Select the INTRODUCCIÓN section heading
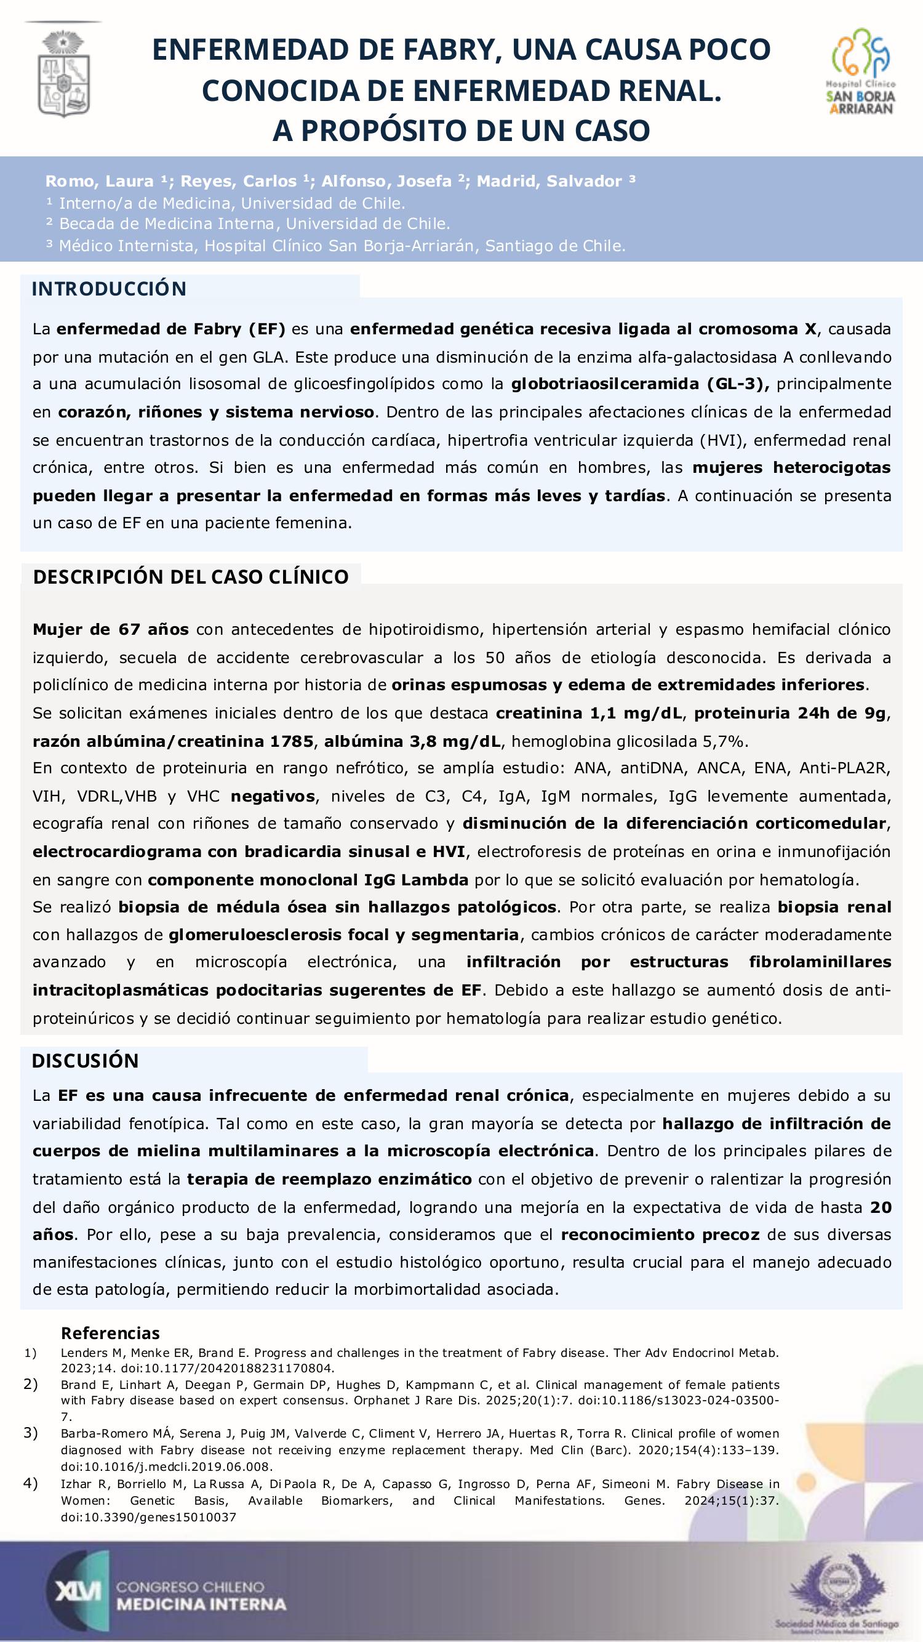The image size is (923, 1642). [x=109, y=289]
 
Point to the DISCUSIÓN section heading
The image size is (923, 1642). [x=86, y=1061]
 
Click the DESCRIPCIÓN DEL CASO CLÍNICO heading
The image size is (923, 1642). [x=191, y=577]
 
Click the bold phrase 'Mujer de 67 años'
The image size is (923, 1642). [x=111, y=630]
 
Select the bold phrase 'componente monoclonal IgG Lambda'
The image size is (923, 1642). [x=308, y=880]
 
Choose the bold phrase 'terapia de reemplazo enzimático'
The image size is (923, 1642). [x=329, y=1179]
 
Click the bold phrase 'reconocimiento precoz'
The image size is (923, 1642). [x=660, y=1234]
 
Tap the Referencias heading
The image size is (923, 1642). [x=110, y=1333]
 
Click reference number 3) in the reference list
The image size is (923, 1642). [x=31, y=1433]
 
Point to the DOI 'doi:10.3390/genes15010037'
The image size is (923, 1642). [x=148, y=1518]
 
